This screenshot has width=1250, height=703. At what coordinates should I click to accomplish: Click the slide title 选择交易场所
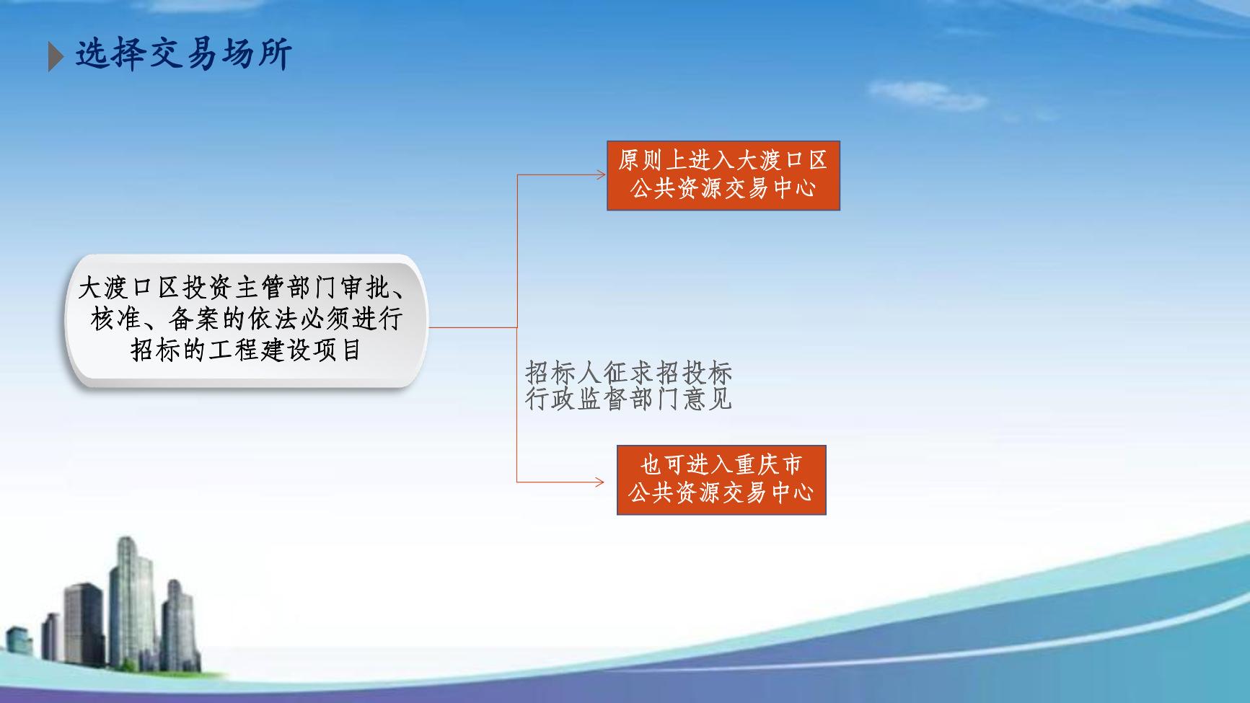(x=183, y=56)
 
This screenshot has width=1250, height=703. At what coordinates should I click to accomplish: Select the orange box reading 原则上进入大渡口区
(x=723, y=175)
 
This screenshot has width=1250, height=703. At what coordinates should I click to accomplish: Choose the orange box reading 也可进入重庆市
(x=721, y=479)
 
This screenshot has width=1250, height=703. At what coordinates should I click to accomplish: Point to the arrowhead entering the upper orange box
(x=601, y=174)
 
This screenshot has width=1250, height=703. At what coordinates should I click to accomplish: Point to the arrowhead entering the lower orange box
(x=599, y=482)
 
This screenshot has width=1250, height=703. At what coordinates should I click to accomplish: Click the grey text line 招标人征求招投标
(x=629, y=373)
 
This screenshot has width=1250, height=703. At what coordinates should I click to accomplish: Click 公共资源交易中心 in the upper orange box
(x=723, y=189)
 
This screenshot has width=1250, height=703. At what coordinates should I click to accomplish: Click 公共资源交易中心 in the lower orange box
(x=721, y=493)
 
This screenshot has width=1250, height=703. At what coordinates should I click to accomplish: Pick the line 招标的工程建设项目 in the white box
(x=246, y=350)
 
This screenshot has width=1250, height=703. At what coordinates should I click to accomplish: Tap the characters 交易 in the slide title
(x=183, y=56)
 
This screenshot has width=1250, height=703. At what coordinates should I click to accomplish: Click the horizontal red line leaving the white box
(x=473, y=327)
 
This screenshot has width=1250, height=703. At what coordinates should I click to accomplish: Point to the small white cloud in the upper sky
(x=927, y=94)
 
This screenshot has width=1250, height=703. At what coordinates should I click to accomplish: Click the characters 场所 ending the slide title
(x=256, y=56)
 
